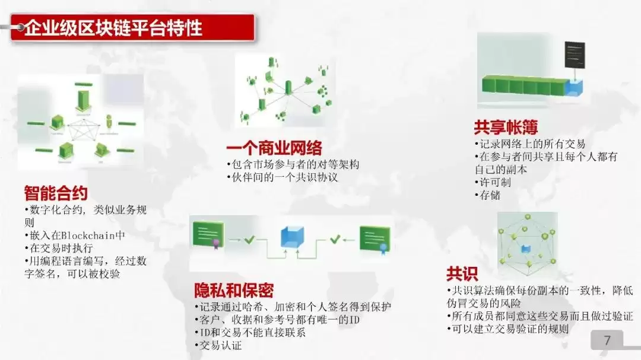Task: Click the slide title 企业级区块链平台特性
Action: coord(113,28)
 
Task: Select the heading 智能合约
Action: coord(56,193)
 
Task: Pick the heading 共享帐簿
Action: coord(506,127)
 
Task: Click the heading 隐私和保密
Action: coord(234,291)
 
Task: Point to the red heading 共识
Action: coord(462,274)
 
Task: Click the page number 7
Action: coord(607,340)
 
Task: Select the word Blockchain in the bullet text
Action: coord(88,235)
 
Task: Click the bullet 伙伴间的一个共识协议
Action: coord(283,177)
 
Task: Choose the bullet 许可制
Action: coord(494,183)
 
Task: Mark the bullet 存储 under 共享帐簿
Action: coord(489,196)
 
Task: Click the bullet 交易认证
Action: coord(219,346)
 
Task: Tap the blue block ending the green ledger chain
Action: coord(575,89)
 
